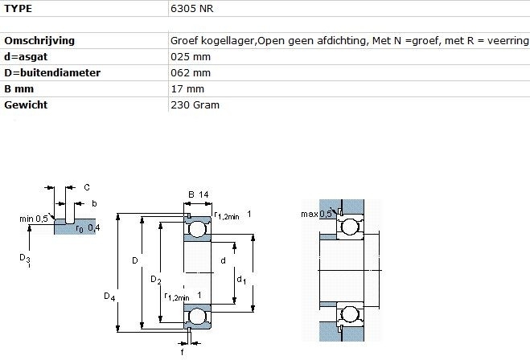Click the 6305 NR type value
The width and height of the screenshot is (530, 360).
[x=191, y=9]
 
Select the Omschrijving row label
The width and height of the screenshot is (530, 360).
[x=39, y=40]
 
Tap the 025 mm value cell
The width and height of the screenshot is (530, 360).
[x=191, y=57]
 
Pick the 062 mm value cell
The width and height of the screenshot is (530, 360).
[x=191, y=72]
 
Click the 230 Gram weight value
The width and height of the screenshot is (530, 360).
[x=195, y=104]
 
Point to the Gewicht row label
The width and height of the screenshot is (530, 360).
[x=26, y=104]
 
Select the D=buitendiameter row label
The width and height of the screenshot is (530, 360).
[x=52, y=72]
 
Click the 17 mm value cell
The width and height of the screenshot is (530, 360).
[x=187, y=89]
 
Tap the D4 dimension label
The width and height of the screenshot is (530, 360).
[x=109, y=297]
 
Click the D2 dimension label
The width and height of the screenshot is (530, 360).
[x=155, y=280]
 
